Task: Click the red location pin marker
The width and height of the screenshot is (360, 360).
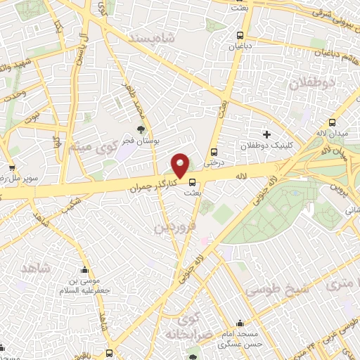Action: click(x=181, y=165)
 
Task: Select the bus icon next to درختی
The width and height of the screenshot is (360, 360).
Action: click(x=214, y=151)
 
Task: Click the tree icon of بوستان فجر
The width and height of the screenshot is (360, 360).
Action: click(x=141, y=129)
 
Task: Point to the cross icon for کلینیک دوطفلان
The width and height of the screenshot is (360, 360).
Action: click(x=266, y=134)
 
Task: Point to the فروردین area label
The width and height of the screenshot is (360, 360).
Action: click(x=172, y=227)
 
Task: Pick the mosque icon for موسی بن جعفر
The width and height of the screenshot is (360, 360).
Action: click(x=85, y=269)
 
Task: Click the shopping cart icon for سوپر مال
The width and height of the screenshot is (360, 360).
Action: click(x=12, y=167)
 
